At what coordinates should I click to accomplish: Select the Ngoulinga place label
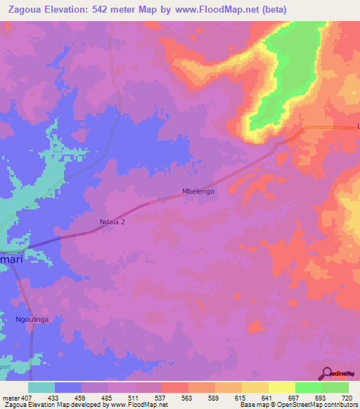click(x=32, y=320)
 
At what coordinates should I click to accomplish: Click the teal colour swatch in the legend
click(x=41, y=387)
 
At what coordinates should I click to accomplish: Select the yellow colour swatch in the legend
click(x=281, y=387)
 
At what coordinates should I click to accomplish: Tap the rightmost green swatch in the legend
click(x=335, y=387)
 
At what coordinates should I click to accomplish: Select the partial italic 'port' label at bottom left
click(x=6, y=365)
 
